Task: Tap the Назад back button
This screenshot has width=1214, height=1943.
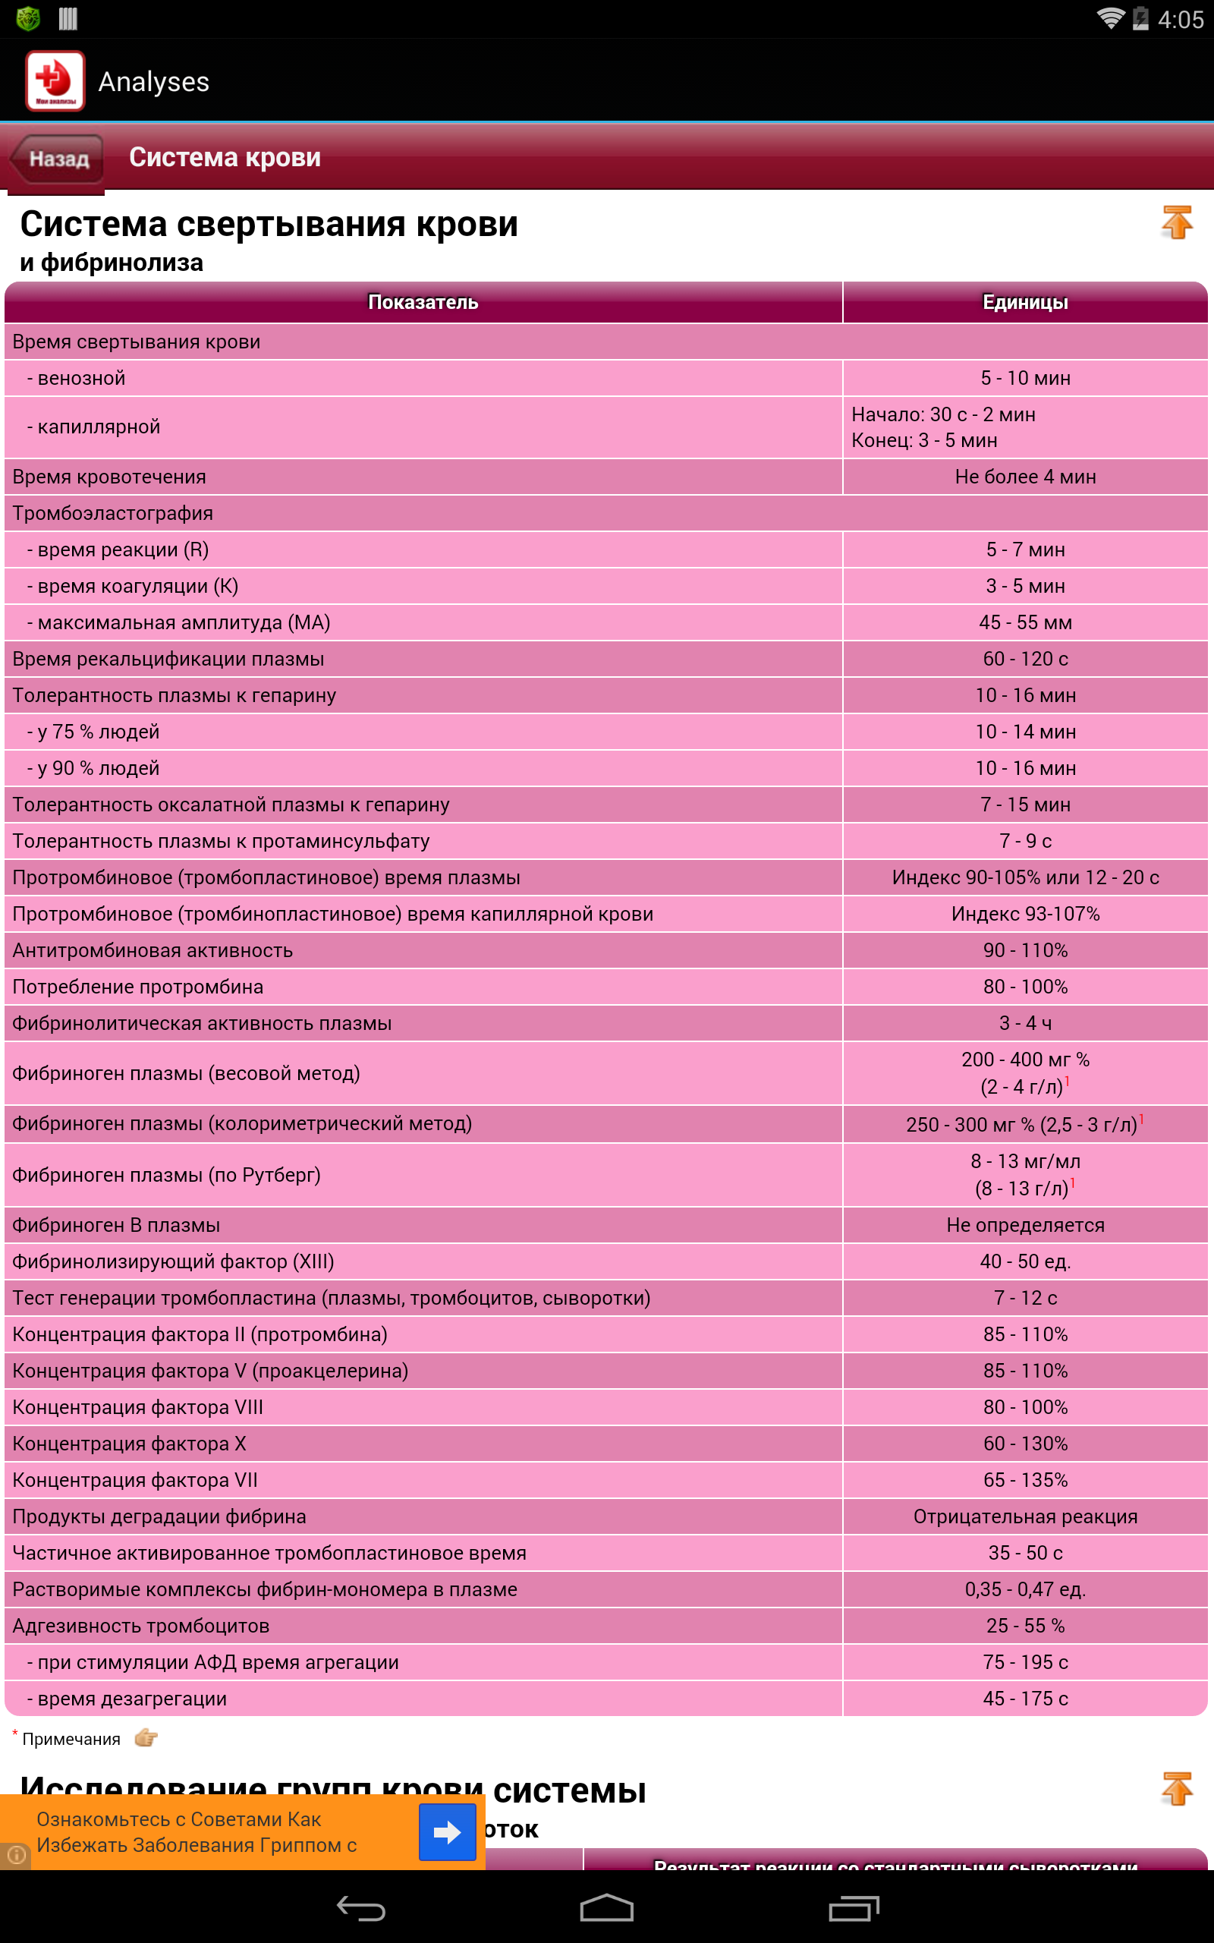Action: coord(57,159)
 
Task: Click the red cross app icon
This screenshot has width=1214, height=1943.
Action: coord(55,80)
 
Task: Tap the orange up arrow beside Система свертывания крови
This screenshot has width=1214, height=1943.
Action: coord(1176,222)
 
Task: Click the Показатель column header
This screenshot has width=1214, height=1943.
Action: coord(423,302)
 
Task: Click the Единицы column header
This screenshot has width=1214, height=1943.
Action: coord(1024,302)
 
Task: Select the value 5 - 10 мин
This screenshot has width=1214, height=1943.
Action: coord(1024,378)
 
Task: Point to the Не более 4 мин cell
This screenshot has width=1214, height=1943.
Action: coord(1024,477)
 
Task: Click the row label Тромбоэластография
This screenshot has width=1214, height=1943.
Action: coord(112,513)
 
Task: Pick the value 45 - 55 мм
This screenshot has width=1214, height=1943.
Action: coord(1024,622)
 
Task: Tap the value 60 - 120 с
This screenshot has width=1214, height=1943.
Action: coord(1024,659)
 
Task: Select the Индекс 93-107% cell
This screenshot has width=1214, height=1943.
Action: coord(1024,914)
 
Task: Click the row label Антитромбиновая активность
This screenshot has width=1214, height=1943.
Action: coord(153,950)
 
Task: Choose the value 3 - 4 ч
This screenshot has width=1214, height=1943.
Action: coord(1024,1023)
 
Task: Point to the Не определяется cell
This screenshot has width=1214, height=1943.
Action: coord(1024,1225)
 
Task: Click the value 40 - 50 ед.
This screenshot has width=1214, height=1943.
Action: coord(1024,1261)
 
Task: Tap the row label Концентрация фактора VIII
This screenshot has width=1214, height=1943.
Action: coord(137,1407)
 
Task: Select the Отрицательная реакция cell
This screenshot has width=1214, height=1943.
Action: coord(1024,1516)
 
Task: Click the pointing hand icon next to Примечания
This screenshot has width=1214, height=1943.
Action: coord(146,1739)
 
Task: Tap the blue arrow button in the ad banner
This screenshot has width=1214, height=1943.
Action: coord(447,1831)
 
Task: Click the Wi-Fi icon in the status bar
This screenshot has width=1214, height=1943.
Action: coord(1110,18)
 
